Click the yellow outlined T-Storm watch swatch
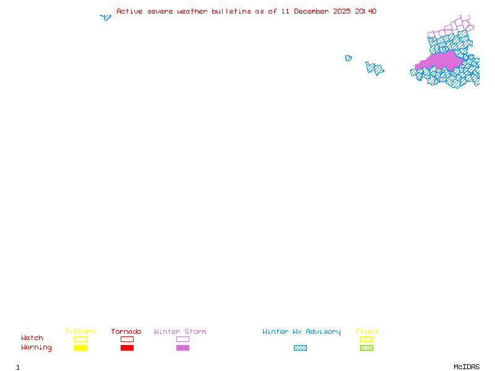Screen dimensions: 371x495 [x=80, y=339]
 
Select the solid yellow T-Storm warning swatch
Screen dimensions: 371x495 [x=80, y=348]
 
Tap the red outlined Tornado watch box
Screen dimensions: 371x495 [x=127, y=339]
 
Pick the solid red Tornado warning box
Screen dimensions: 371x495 [x=127, y=348]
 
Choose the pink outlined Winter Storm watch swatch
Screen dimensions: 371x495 [x=183, y=339]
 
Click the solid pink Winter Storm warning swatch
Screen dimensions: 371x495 [x=183, y=348]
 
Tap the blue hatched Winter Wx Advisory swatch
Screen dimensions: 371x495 [x=300, y=348]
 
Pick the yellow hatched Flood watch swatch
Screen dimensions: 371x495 [x=366, y=339]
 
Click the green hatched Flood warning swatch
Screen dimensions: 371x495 [x=366, y=348]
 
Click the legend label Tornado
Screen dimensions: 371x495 [x=126, y=332]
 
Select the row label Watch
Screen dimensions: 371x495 [x=32, y=338]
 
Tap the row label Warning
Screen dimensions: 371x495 [x=37, y=348]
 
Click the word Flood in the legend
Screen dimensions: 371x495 [x=366, y=332]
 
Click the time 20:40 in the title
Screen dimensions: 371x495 [x=366, y=12]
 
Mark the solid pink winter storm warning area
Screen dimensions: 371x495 [x=440, y=61]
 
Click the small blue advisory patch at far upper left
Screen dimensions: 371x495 [x=106, y=17]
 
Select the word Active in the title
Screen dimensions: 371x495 [x=130, y=12]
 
